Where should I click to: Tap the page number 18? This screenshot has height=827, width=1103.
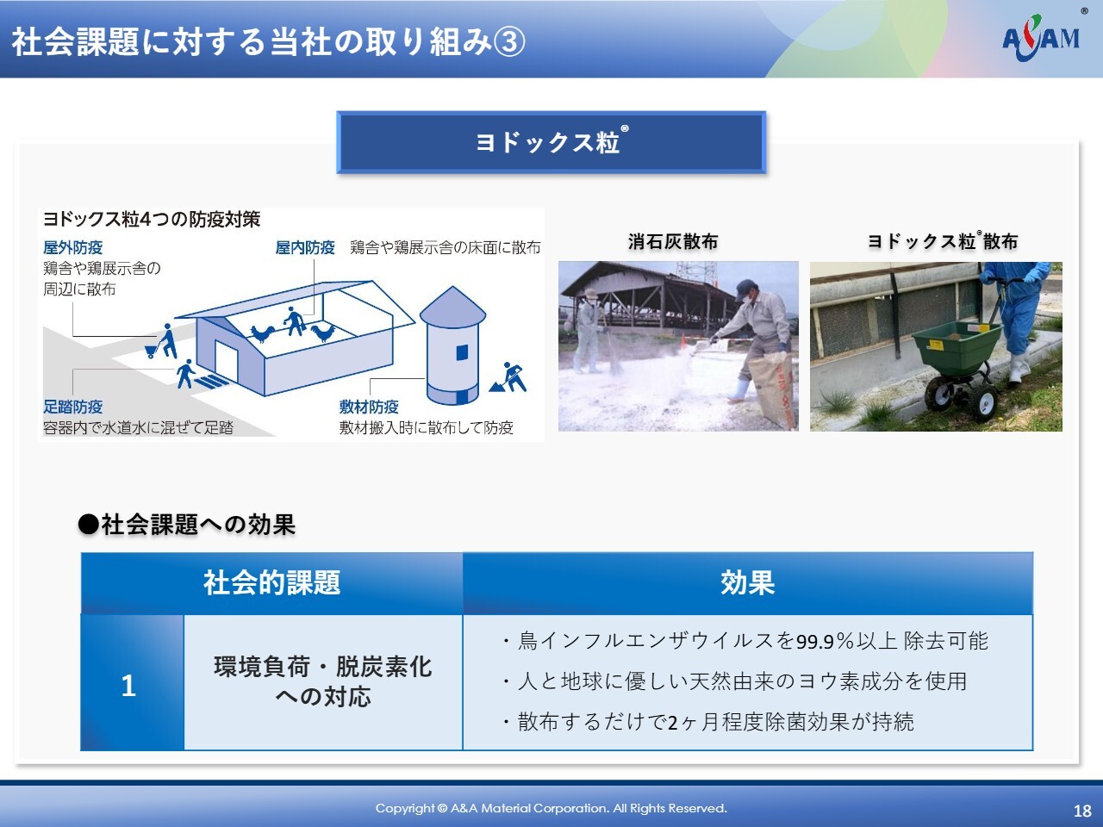[x=1082, y=811]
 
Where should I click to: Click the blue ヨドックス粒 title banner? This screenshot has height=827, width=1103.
[x=551, y=143]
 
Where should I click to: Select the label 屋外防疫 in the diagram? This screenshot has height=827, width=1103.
[x=73, y=247]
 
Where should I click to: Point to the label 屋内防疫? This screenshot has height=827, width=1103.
[x=305, y=247]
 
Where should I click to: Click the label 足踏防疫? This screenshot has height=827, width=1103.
[x=73, y=407]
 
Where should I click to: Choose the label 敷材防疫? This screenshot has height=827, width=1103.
[x=369, y=407]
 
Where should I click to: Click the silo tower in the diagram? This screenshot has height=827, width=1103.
[x=452, y=345]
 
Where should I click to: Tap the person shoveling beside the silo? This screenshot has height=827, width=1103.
[x=509, y=376]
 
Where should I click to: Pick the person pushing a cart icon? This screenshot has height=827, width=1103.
[x=162, y=341]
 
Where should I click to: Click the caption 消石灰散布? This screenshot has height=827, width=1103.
[x=673, y=241]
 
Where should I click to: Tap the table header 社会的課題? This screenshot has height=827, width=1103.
[x=271, y=583]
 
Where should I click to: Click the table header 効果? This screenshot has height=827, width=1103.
[x=748, y=583]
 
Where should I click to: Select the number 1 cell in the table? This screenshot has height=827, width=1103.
[x=132, y=683]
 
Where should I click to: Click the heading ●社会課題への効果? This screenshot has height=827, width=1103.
[x=187, y=525]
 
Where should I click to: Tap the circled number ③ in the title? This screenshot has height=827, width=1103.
[x=509, y=41]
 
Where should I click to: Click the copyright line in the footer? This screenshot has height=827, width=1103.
[x=551, y=808]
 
